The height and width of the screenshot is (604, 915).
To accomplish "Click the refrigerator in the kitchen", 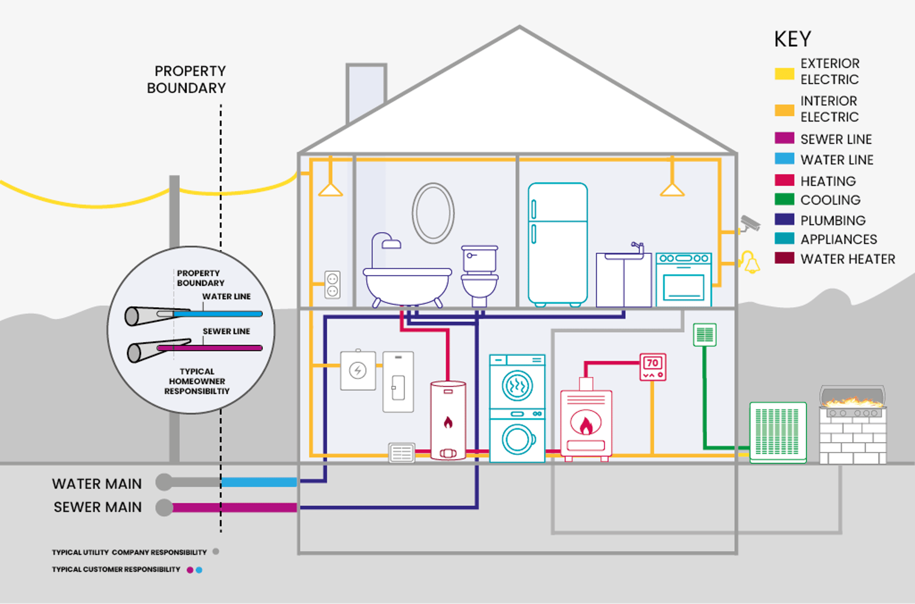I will tap(558, 243).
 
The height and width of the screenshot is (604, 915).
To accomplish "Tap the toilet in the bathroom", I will tap(479, 275).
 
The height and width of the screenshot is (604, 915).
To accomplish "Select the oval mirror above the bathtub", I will tap(433, 213).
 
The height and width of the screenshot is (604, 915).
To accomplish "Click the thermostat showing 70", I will tap(653, 367).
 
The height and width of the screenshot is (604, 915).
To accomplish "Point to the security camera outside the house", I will tap(750, 223).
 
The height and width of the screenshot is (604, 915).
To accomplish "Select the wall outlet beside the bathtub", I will tap(332, 285).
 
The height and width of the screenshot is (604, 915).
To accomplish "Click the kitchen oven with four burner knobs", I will tap(684, 280).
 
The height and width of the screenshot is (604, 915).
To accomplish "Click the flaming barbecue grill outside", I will tap(853, 424).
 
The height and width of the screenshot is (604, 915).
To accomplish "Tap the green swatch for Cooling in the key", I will tap(784, 199).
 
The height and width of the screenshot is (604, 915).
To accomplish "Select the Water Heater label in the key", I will tap(848, 259).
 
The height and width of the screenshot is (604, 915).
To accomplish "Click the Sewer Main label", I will tap(97, 507).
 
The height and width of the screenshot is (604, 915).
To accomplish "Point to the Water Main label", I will tap(97, 484).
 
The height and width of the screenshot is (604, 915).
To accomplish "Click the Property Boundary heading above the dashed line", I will tap(187, 80).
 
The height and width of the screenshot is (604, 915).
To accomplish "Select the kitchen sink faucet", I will tap(638, 247).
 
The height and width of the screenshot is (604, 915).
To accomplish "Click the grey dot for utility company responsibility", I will tap(216, 552).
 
